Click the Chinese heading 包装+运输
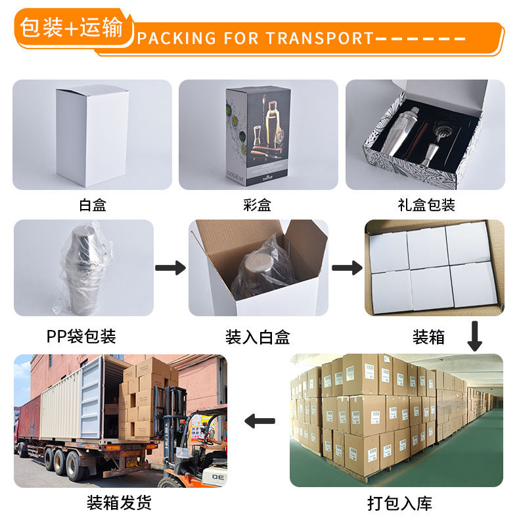[x=71, y=28]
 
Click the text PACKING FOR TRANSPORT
[x=255, y=38]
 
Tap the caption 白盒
[x=92, y=205]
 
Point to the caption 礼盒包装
[x=426, y=205]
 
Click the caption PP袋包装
[x=81, y=337]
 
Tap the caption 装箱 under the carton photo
[x=428, y=337]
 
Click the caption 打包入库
[x=399, y=504]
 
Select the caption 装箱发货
[x=119, y=504]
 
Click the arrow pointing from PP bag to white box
[x=171, y=268]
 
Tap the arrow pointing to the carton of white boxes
[x=347, y=268]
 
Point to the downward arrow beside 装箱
[x=474, y=335]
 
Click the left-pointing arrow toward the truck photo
[x=259, y=421]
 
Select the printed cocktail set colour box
[x=258, y=135]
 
